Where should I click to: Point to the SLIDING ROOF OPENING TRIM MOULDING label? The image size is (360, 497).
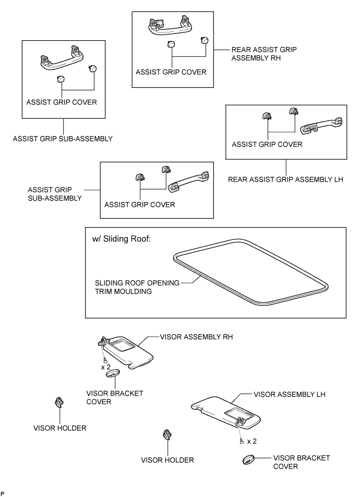pyautogui.click(x=136, y=287)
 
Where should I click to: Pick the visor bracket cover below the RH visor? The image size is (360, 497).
pyautogui.click(x=113, y=374)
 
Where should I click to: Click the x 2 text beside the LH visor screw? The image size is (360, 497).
pyautogui.click(x=251, y=441)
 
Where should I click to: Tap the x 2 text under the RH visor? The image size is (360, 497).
pyautogui.click(x=105, y=367)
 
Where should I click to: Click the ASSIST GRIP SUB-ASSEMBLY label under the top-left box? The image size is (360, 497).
pyautogui.click(x=63, y=139)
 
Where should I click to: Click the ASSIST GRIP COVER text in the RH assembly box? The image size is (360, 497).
pyautogui.click(x=171, y=72)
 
